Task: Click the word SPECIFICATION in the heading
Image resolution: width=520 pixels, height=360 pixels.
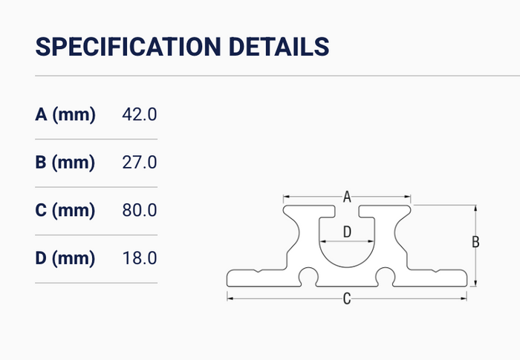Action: (128, 47)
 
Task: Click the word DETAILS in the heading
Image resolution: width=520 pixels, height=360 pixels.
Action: (279, 47)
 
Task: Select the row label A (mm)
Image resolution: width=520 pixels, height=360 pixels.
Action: (65, 115)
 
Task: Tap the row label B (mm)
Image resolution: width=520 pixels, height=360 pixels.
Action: (65, 163)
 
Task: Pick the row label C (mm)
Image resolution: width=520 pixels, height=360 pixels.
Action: (65, 210)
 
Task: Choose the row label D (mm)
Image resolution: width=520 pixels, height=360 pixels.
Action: (65, 258)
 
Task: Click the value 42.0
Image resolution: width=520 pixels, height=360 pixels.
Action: (140, 114)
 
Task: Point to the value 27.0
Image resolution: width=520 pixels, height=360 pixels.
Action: (140, 163)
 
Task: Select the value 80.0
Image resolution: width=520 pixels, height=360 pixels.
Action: (140, 210)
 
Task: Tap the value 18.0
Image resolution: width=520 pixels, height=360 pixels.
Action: (140, 258)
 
